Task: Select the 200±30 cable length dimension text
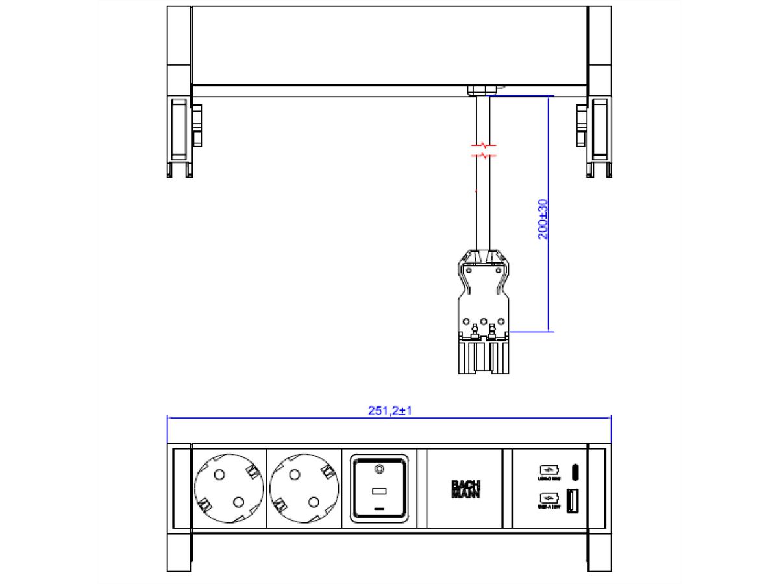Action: coord(543,219)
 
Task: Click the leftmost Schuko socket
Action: coord(229,488)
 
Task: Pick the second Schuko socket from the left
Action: coord(304,488)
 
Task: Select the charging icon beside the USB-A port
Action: coord(547,498)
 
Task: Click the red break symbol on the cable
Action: coord(483,151)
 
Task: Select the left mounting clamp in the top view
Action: coord(180,137)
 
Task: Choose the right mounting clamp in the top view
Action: coord(599,137)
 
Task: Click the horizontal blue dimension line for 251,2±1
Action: coord(389,419)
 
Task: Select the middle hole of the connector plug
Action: coord(483,321)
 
